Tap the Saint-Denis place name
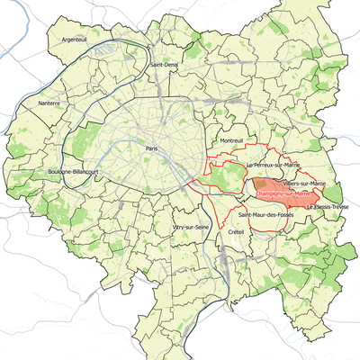(x=164, y=65)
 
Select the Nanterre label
(x=48, y=103)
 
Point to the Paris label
(x=151, y=148)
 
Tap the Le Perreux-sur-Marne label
(x=258, y=166)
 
